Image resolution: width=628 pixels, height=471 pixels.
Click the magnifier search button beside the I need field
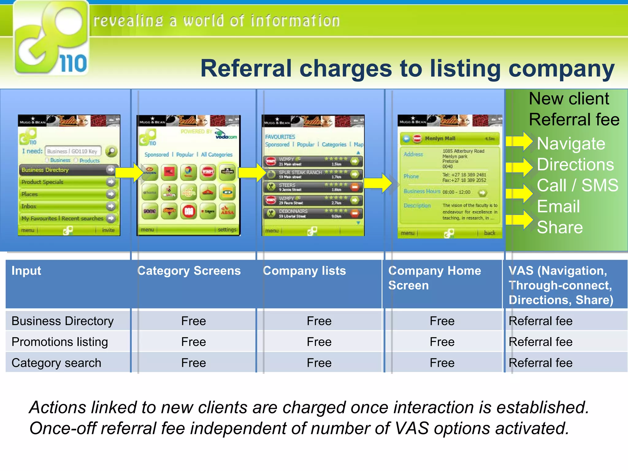point(111,151)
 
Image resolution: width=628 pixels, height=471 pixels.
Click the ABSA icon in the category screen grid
point(227,211)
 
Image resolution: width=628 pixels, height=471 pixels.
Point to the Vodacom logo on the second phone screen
point(226,134)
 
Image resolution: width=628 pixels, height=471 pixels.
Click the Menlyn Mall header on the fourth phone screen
point(450,139)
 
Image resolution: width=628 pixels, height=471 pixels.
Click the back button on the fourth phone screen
point(489,233)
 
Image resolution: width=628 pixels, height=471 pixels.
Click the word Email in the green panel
point(558,206)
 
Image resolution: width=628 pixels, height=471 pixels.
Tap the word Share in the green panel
point(560,228)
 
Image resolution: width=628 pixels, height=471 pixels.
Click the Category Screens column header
point(189,271)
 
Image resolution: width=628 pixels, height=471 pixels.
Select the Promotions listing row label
point(60,342)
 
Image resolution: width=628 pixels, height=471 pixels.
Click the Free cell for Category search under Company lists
point(319,363)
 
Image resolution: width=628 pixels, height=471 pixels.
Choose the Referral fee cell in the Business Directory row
point(540,321)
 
